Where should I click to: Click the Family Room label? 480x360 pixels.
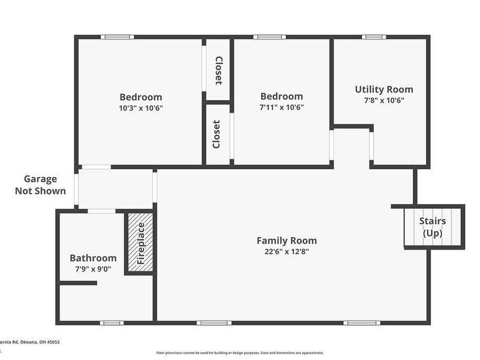pyautogui.click(x=286, y=241)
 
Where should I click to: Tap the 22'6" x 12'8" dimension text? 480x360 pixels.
pyautogui.click(x=286, y=251)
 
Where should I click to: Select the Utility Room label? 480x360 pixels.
pyautogui.click(x=384, y=89)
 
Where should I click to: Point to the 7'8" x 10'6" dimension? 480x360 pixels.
pyautogui.click(x=384, y=100)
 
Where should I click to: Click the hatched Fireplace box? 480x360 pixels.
pyautogui.click(x=140, y=243)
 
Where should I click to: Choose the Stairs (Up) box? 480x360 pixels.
pyautogui.click(x=433, y=227)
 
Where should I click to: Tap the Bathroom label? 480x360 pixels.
pyautogui.click(x=92, y=258)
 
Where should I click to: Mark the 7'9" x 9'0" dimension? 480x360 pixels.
pyautogui.click(x=92, y=269)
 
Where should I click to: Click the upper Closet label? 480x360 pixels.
pyautogui.click(x=218, y=71)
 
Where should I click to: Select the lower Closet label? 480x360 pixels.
pyautogui.click(x=217, y=134)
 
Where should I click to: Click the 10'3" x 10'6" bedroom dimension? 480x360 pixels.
pyautogui.click(x=140, y=108)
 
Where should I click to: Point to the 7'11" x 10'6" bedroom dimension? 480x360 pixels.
pyautogui.click(x=281, y=107)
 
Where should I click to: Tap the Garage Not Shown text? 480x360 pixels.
pyautogui.click(x=40, y=184)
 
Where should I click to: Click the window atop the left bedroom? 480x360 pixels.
pyautogui.click(x=117, y=37)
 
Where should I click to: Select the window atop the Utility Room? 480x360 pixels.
pyautogui.click(x=374, y=37)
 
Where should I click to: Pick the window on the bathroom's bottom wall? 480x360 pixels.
pyautogui.click(x=112, y=323)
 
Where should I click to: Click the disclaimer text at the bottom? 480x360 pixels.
pyautogui.click(x=240, y=353)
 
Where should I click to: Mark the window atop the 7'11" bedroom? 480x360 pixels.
pyautogui.click(x=269, y=37)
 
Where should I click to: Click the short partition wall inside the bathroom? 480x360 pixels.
pyautogui.click(x=77, y=283)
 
